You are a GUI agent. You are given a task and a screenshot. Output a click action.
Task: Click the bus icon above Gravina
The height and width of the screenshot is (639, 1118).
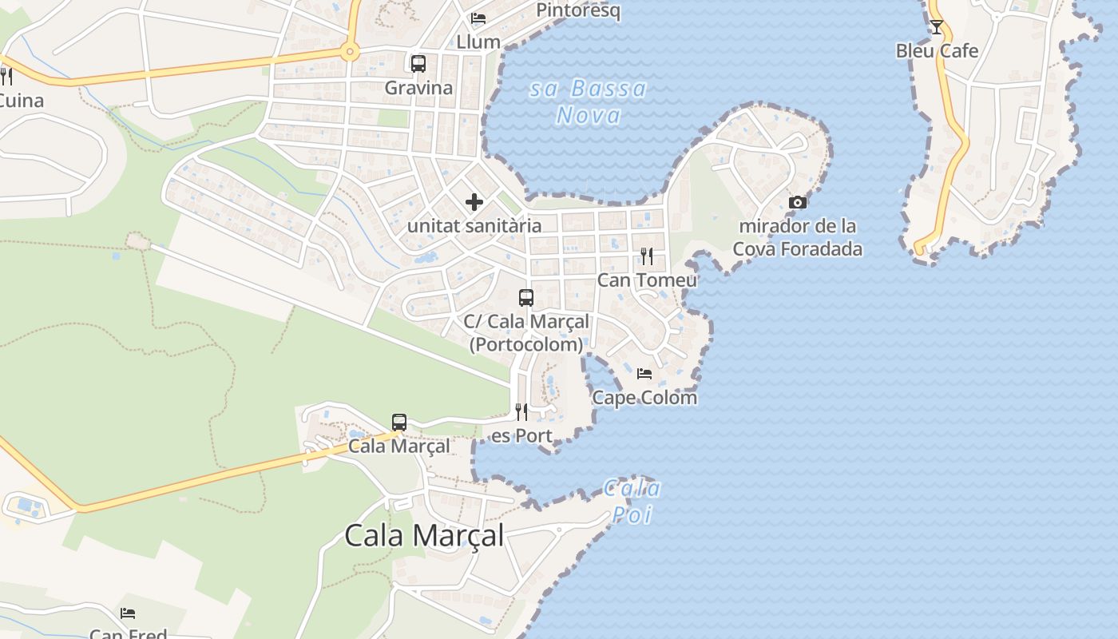coord(418,64)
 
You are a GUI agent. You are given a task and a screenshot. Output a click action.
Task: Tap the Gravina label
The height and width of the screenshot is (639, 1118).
coord(418,88)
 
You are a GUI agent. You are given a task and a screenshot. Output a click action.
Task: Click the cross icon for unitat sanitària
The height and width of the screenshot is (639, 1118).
coord(474,202)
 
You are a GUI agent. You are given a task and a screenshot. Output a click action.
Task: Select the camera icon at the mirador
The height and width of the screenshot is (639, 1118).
coord(797,203)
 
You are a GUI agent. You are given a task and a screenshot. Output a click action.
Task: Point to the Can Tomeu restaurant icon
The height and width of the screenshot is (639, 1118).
coord(647,256)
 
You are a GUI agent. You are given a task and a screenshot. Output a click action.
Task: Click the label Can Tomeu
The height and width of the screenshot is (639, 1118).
coord(647,280)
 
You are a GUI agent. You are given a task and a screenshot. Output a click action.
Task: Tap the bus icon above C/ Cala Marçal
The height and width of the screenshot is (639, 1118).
coord(526,298)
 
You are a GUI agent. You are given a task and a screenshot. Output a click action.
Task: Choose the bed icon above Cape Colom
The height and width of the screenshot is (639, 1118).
coord(644,373)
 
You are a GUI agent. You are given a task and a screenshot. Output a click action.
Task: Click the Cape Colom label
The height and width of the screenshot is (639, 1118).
coord(644,397)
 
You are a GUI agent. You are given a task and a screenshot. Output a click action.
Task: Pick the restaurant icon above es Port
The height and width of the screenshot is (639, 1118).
coord(521,412)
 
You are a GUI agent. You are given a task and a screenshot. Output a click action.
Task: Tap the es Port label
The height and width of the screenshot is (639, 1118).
coord(521,436)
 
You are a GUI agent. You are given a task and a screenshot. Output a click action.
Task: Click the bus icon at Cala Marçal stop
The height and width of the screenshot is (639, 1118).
coord(399,423)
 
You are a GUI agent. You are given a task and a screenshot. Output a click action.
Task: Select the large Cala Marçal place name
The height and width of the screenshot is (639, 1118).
coord(424,536)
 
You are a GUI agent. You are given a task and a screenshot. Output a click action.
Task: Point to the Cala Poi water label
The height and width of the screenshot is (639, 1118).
coord(632,501)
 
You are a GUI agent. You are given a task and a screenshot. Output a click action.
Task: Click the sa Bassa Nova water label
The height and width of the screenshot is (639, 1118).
coord(589,101)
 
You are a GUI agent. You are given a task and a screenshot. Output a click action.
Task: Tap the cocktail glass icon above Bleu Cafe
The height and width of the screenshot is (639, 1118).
coord(937,27)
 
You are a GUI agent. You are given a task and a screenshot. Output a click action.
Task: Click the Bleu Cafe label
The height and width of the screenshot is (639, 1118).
coord(937,51)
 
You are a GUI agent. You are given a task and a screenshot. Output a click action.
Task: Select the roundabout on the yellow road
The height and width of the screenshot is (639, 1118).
coord(349,53)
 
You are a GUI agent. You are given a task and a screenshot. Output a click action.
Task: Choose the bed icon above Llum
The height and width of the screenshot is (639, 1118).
coord(478,18)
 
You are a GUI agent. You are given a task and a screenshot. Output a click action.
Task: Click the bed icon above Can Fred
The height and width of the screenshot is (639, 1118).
coord(128,613)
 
